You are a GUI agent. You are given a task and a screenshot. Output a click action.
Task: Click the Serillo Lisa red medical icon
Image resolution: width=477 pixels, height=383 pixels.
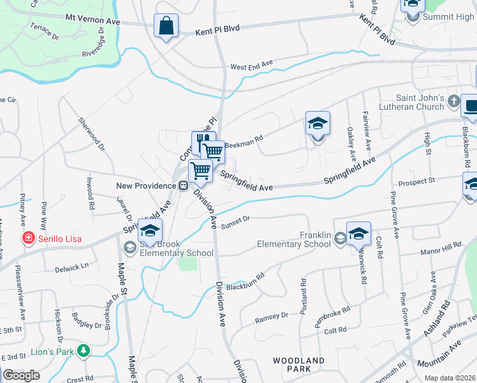click(28, 239)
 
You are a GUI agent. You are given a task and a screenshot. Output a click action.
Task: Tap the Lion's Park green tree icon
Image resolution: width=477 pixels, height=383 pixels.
click(82, 350)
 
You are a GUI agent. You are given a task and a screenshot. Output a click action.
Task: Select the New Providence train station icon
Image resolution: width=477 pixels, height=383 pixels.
click(183, 185)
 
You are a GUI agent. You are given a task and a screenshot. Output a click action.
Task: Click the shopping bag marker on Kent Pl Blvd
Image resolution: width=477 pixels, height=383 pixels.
click(166, 27)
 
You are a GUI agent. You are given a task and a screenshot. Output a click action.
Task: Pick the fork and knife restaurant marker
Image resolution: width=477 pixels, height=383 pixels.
click(202, 142)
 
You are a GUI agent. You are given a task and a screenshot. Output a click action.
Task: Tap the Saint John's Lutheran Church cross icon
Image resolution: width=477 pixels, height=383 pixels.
click(453, 101)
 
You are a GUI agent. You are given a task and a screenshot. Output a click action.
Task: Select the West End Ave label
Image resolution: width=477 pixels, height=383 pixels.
click(252, 66)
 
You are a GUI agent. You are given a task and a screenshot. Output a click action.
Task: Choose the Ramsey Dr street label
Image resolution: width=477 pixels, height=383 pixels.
click(272, 317)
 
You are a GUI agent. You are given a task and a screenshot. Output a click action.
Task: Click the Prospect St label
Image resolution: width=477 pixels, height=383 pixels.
click(416, 183)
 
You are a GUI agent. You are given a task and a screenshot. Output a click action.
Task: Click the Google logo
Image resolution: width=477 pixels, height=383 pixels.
click(21, 375)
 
